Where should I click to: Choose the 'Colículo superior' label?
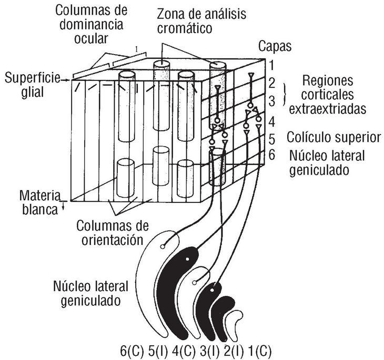(334, 138)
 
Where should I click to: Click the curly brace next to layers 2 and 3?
(286, 91)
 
